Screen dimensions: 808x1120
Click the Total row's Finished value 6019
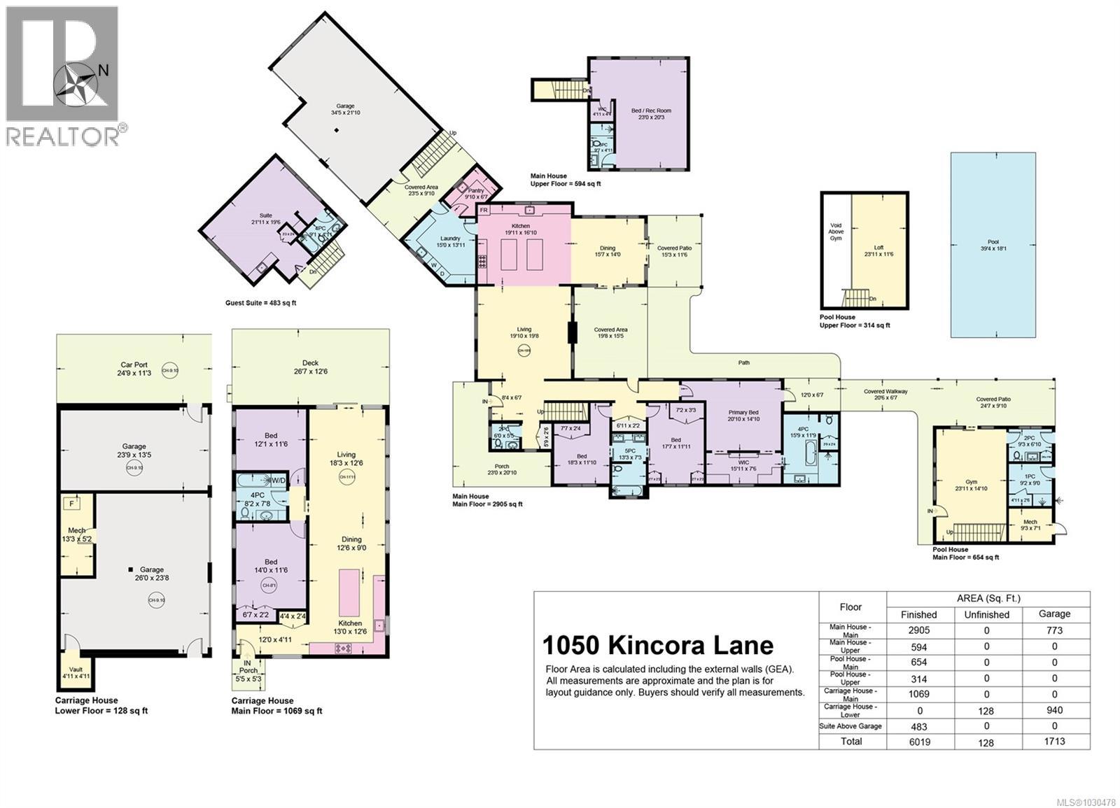click(919, 742)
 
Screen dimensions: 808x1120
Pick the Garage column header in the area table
click(1054, 614)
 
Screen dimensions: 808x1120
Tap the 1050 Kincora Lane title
click(658, 645)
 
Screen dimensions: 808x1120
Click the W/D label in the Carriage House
click(278, 480)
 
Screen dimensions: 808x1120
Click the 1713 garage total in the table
click(1054, 742)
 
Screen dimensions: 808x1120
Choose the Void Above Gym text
click(836, 232)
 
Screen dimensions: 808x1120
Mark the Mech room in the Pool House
click(1030, 524)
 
